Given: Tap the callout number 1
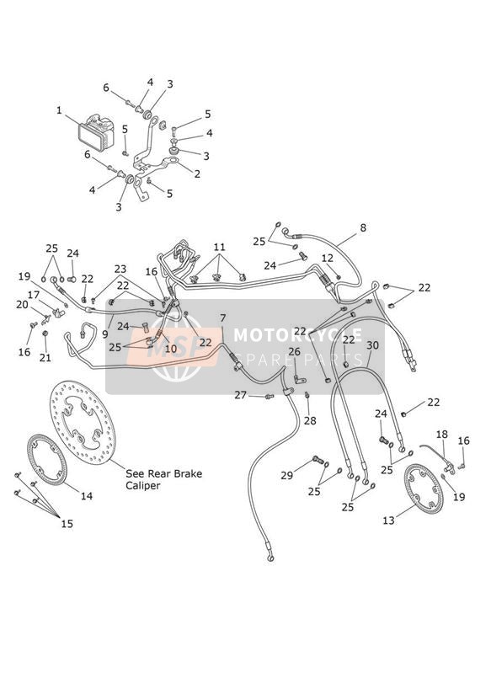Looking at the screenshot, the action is [59, 109].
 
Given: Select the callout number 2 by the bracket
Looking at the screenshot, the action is [197, 174].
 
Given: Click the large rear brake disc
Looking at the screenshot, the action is [83, 424].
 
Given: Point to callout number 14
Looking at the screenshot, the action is [87, 496].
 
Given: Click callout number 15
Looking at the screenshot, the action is [67, 524].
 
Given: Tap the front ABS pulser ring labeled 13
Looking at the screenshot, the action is [424, 488].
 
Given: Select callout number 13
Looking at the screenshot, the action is [388, 520].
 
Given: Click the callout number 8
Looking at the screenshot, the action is [363, 228].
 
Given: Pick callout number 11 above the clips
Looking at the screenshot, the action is [219, 247].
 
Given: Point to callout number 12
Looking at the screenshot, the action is [327, 258].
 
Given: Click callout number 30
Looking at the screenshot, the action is [373, 345].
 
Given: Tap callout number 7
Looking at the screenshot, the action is [222, 318].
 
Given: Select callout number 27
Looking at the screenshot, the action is [240, 395].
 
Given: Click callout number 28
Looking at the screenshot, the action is [310, 420].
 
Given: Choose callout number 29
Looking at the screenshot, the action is [287, 475].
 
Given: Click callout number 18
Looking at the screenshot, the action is [442, 435].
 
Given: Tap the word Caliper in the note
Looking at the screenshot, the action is [143, 486].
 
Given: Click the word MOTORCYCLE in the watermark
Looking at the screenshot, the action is [298, 335].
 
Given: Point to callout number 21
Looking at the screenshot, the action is [45, 358].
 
